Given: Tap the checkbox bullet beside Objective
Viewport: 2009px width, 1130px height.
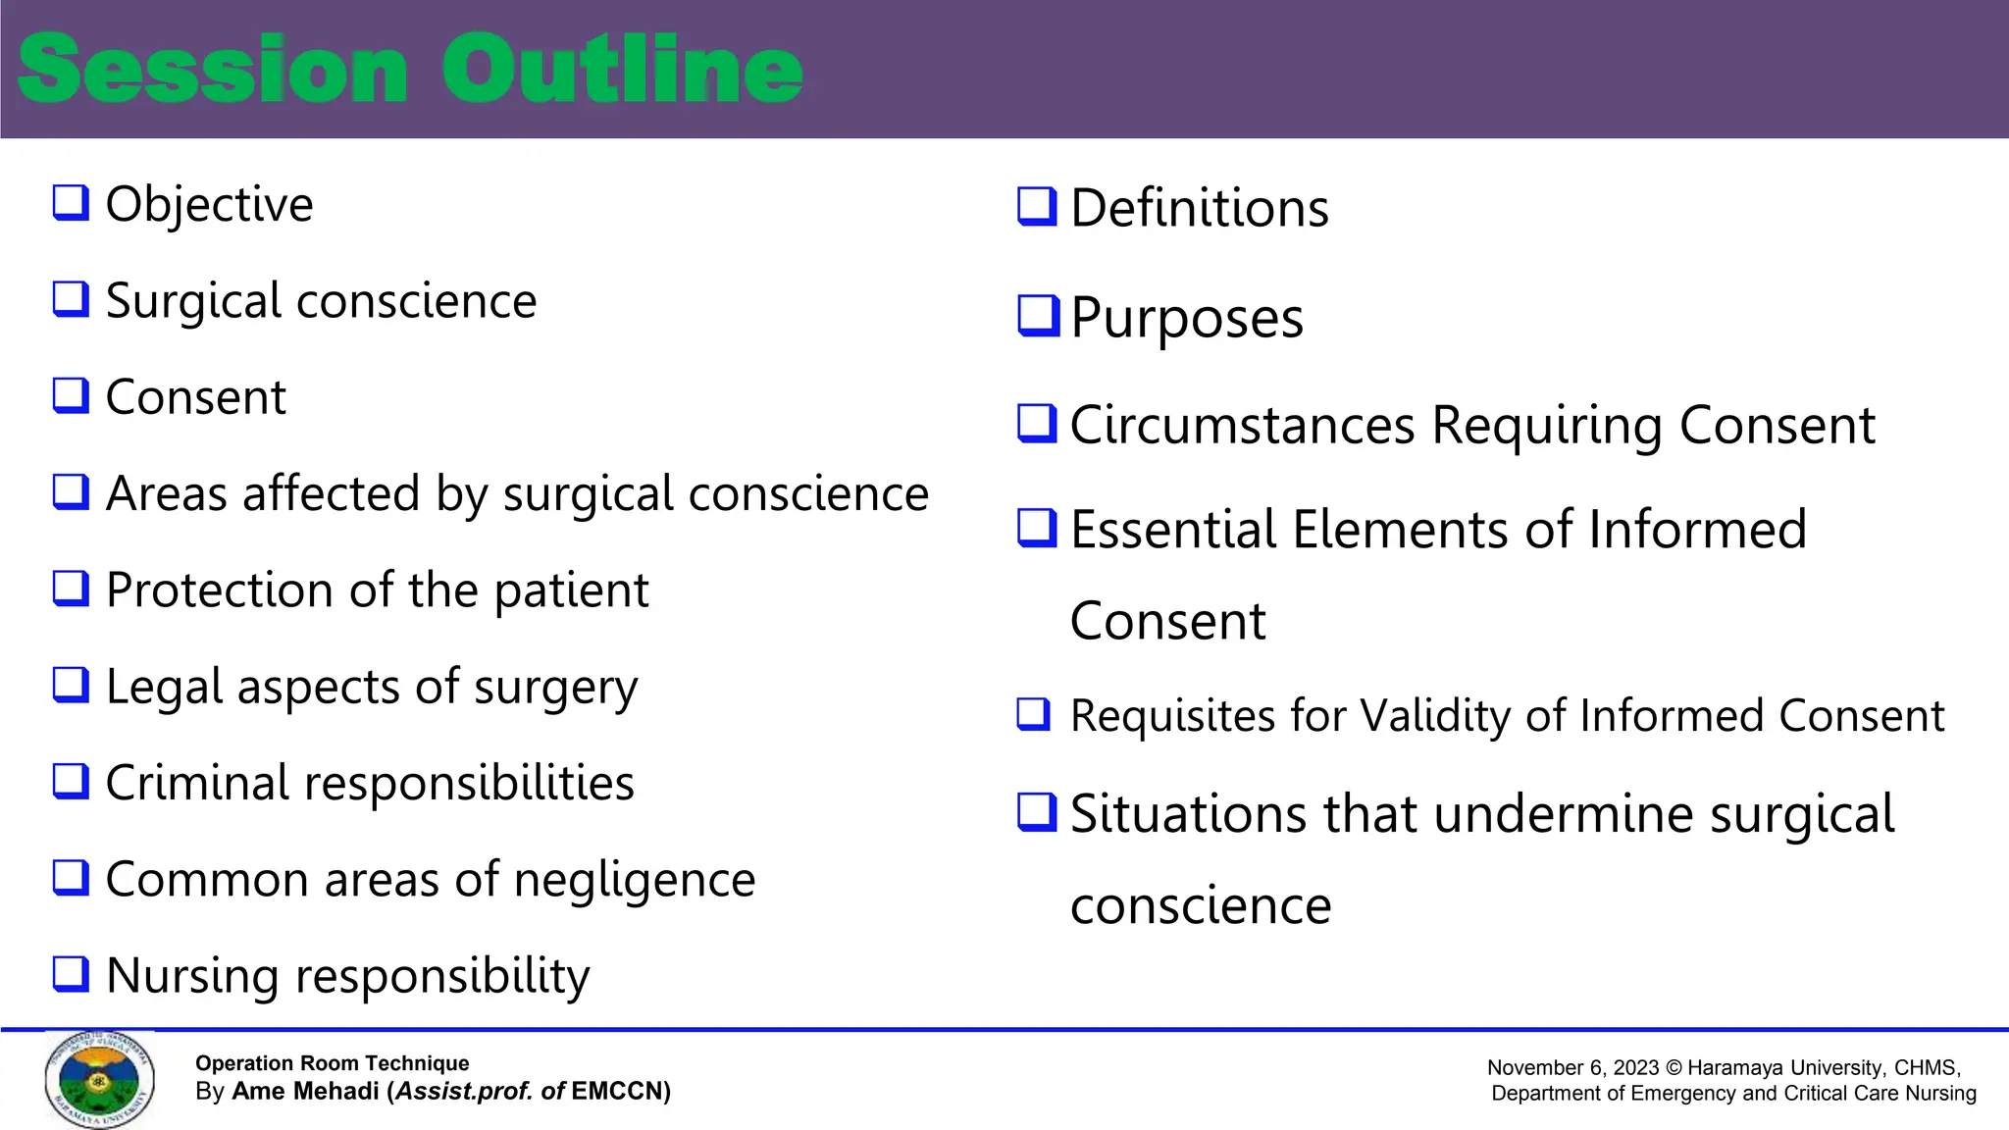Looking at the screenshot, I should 71,203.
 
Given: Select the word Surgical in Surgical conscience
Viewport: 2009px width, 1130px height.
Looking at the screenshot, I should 193,301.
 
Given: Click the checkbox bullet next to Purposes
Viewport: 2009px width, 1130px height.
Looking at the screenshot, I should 1038,316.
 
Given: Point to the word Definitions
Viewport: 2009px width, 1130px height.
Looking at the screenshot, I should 1199,209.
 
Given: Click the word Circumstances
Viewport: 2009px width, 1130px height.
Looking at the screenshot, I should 1242,426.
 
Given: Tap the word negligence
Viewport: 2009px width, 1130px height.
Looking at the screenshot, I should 634,880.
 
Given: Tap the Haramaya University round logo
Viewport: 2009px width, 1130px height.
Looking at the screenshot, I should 99,1079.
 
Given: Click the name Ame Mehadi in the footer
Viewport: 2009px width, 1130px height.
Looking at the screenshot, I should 305,1092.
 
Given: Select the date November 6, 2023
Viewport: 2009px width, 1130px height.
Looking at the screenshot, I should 1572,1068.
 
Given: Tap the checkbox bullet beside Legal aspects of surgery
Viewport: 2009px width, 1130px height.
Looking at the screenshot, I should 71,685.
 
